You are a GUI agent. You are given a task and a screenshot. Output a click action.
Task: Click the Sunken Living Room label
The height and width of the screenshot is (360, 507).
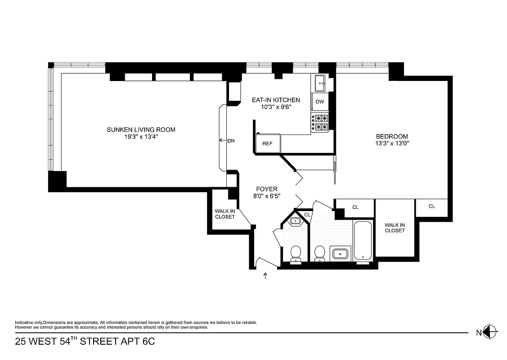pyautogui.click(x=141, y=130)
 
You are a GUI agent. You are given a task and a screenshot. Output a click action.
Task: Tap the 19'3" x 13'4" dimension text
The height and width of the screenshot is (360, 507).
pyautogui.click(x=141, y=137)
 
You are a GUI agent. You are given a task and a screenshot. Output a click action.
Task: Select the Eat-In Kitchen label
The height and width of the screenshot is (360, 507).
pyautogui.click(x=275, y=100)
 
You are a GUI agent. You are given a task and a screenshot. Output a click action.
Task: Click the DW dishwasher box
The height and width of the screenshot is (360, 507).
pyautogui.click(x=319, y=102)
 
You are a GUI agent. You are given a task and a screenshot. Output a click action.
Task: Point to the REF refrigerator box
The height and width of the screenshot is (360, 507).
pyautogui.click(x=267, y=144)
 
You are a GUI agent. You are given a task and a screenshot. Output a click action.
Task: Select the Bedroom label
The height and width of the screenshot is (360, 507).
pyautogui.click(x=392, y=136)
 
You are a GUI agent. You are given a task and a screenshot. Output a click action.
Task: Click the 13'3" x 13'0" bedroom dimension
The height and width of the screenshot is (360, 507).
pyautogui.click(x=392, y=144)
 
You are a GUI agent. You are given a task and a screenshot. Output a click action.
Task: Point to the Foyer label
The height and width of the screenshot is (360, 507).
pyautogui.click(x=267, y=189)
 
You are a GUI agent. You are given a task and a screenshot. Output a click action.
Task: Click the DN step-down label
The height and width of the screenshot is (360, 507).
pyautogui.click(x=231, y=141)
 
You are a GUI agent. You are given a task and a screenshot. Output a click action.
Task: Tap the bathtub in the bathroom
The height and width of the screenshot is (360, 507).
pyautogui.click(x=363, y=240)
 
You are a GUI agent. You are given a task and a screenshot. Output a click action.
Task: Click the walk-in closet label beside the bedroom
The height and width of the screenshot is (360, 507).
pyautogui.click(x=395, y=228)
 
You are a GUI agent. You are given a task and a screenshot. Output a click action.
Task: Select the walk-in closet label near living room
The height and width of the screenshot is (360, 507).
pyautogui.click(x=225, y=214)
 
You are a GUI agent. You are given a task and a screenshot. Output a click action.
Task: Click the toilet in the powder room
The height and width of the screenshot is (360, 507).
pyautogui.click(x=296, y=253)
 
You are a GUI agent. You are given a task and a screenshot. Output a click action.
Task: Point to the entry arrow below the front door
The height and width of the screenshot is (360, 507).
pyautogui.click(x=265, y=275)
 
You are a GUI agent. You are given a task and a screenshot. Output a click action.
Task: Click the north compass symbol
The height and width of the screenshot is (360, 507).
pyautogui.click(x=491, y=333)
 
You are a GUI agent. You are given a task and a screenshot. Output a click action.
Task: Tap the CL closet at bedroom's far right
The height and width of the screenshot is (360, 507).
pyautogui.click(x=431, y=207)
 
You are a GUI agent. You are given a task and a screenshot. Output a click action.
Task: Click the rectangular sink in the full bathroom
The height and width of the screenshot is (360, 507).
pyautogui.click(x=341, y=254)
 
